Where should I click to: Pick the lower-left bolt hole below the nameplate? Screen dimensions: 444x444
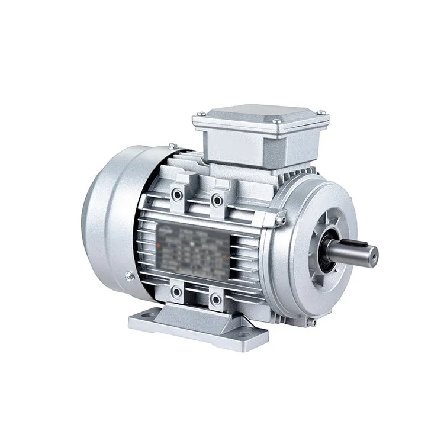click(x=176, y=291)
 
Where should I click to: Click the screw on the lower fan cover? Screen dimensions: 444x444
click(x=127, y=274)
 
